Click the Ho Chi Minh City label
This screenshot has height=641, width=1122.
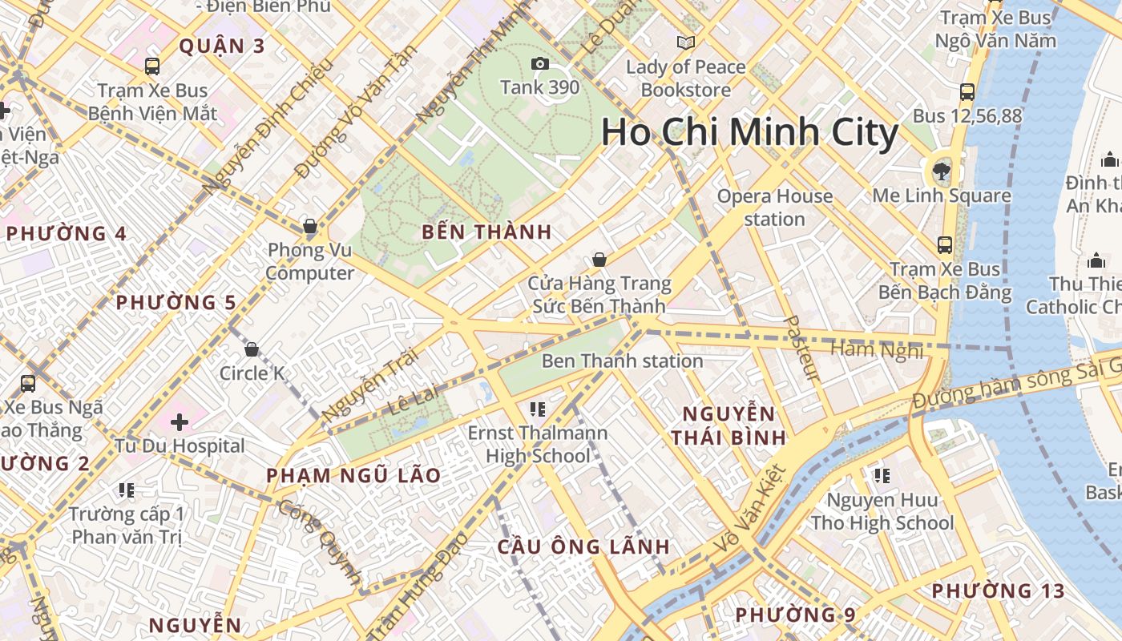(x=749, y=132)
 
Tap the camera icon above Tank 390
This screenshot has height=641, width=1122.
(x=540, y=64)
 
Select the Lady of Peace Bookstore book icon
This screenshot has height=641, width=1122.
(x=685, y=42)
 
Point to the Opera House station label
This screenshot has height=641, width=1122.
(x=774, y=208)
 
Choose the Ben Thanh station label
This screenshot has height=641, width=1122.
(x=622, y=361)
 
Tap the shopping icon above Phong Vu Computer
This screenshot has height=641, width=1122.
(x=310, y=226)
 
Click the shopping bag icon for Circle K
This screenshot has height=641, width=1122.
(x=252, y=349)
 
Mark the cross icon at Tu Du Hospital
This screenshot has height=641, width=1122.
(x=180, y=421)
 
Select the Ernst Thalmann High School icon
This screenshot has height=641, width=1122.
(x=538, y=409)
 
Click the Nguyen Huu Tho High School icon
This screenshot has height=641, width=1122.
(x=882, y=476)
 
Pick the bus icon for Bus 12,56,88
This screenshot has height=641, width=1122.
(x=967, y=92)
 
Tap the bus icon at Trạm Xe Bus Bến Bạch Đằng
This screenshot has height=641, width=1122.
(x=945, y=245)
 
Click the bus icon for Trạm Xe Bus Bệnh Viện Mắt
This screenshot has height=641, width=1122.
(x=152, y=67)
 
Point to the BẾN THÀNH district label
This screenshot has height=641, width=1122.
(x=486, y=233)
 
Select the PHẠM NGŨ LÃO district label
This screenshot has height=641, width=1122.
(x=353, y=476)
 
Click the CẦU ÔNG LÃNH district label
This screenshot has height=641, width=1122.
(x=583, y=547)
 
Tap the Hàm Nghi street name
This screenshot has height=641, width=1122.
(x=877, y=349)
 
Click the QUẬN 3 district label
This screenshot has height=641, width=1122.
(x=221, y=46)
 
